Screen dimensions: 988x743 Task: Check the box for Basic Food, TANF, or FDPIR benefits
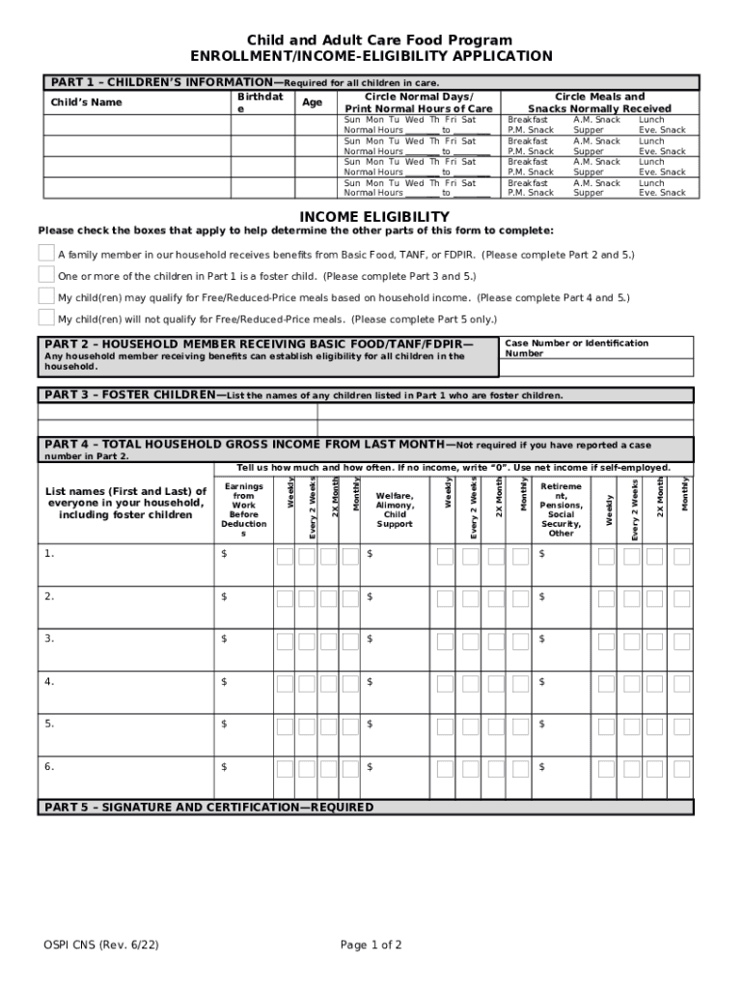(46, 253)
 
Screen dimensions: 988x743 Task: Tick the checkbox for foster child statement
(46, 275)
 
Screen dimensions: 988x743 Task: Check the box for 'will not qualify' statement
(46, 317)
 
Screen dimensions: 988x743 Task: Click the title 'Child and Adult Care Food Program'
(380, 40)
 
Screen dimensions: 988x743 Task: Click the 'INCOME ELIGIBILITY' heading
(374, 216)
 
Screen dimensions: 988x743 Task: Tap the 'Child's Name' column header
(87, 102)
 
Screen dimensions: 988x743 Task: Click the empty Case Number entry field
(596, 368)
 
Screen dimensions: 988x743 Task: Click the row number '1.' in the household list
(49, 554)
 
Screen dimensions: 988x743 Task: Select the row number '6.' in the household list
(49, 767)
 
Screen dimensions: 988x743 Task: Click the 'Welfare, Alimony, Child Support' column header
(395, 509)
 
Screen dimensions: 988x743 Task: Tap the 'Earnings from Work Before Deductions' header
(244, 510)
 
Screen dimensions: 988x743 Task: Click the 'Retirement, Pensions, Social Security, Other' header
(561, 509)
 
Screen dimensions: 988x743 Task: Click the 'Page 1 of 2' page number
(371, 945)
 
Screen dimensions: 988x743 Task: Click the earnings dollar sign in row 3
(225, 639)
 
